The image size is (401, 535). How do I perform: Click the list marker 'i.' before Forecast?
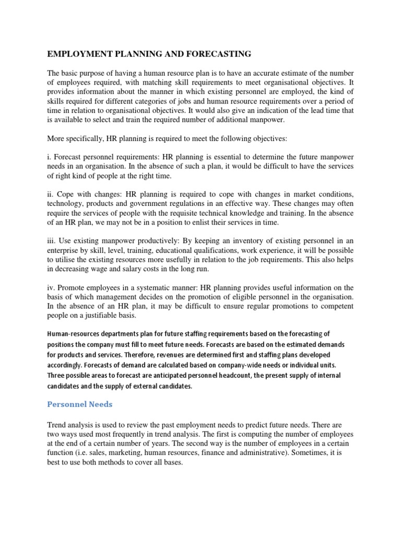click(50, 156)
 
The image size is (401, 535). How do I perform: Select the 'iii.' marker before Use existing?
click(52, 241)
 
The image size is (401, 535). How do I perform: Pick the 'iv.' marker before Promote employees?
click(51, 288)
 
